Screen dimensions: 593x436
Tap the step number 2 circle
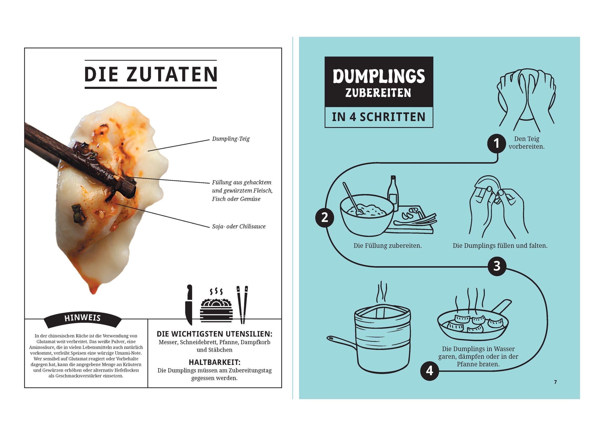[325, 218]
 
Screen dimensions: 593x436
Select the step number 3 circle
[497, 266]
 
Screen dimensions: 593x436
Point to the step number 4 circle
[430, 371]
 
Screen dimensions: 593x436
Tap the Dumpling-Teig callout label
[231, 139]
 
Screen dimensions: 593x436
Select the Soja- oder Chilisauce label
[239, 227]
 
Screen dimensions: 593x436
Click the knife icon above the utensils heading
[189, 305]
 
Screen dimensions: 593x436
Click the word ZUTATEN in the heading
[171, 74]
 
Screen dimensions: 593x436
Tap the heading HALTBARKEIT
[214, 362]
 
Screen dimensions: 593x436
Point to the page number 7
[555, 382]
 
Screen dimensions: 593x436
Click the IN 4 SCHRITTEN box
[379, 117]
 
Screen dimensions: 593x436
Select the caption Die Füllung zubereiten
[387, 246]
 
